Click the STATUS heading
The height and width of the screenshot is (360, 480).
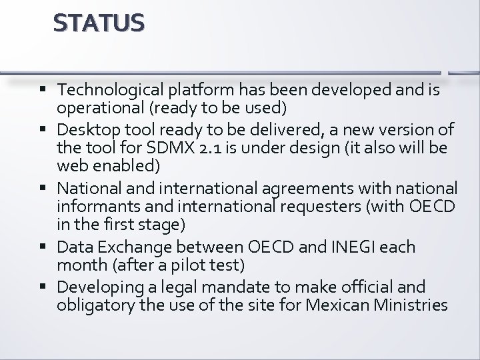[x=99, y=24]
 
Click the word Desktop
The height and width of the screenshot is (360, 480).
[x=87, y=129]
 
